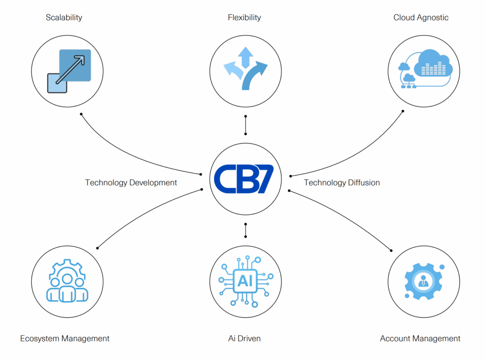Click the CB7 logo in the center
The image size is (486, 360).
[244, 179]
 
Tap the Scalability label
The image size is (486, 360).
[64, 18]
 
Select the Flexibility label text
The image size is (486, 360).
[244, 18]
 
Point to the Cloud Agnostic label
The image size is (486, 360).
[421, 18]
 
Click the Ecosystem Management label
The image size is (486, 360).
[65, 338]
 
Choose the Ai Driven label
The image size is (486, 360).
[244, 338]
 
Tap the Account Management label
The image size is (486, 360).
[420, 338]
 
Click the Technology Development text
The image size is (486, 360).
[131, 183]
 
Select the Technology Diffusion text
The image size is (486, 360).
[342, 183]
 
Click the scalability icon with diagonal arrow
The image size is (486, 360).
[69, 71]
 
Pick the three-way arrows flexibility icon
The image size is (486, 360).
[245, 68]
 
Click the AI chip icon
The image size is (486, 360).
[246, 281]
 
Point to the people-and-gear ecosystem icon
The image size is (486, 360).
[67, 281]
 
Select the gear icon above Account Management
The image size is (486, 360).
[424, 281]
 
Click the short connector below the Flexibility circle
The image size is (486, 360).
[245, 125]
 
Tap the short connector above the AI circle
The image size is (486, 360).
[245, 230]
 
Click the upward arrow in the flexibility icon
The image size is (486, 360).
[245, 57]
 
